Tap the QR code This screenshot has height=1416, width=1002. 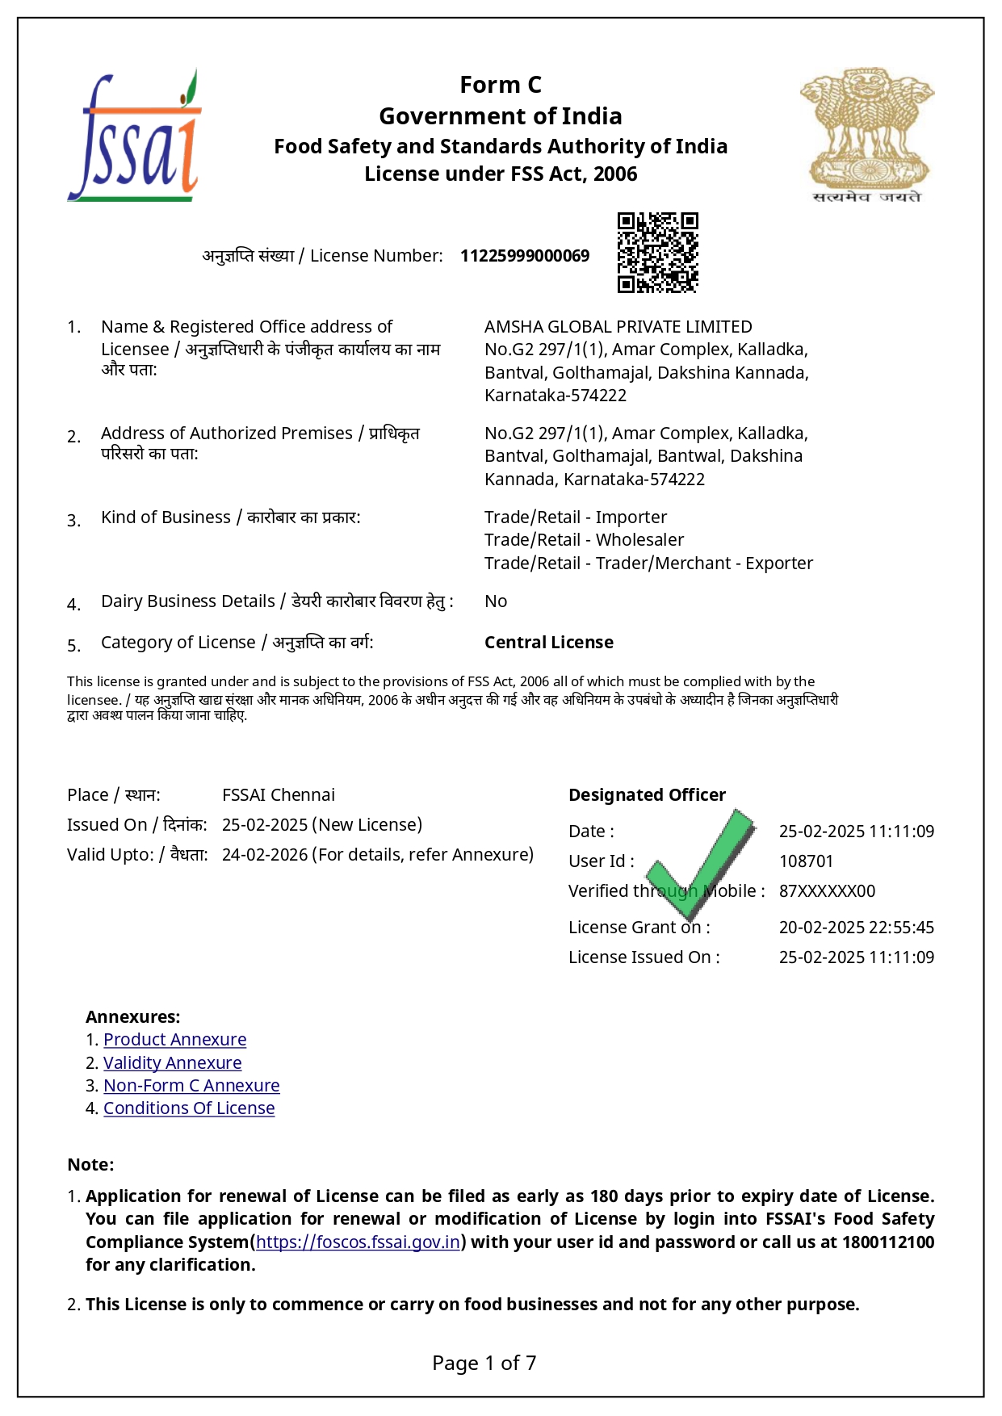(657, 253)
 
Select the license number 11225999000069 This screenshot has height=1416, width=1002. (525, 256)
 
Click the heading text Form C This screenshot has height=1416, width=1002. (501, 85)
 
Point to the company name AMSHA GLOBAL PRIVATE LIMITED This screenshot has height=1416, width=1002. (618, 327)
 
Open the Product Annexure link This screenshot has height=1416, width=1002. (174, 1040)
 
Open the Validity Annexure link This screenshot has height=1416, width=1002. (172, 1063)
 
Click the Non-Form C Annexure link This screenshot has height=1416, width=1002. (191, 1086)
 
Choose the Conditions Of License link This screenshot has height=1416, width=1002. (189, 1108)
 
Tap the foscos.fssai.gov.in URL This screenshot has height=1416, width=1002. (358, 1242)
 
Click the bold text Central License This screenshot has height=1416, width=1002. (549, 643)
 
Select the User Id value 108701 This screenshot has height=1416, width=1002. (806, 861)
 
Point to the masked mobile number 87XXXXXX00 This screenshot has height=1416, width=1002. (827, 891)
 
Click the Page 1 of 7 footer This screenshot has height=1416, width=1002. (484, 1364)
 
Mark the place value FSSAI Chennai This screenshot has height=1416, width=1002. (279, 795)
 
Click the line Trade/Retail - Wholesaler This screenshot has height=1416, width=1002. (584, 540)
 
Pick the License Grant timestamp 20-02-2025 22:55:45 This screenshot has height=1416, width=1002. (856, 928)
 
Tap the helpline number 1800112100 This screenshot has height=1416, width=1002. (888, 1242)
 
